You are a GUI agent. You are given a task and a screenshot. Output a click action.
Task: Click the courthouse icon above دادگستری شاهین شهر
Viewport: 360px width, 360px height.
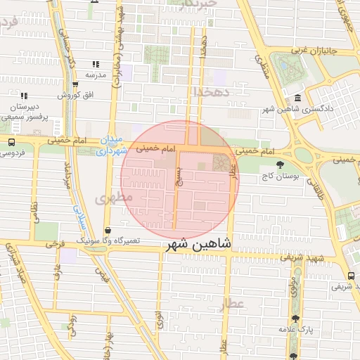pos(299,98)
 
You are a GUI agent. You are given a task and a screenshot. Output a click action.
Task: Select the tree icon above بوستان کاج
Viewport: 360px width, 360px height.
pos(281,165)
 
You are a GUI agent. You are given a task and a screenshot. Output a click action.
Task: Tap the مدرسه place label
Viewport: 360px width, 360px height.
pos(96,74)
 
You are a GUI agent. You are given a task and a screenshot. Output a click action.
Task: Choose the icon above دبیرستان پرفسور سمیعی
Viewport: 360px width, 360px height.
pos(24,96)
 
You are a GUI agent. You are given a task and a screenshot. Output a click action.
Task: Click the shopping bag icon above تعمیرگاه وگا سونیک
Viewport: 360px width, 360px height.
pos(107,230)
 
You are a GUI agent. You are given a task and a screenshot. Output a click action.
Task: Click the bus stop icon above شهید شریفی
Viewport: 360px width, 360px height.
pos(350,276)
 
